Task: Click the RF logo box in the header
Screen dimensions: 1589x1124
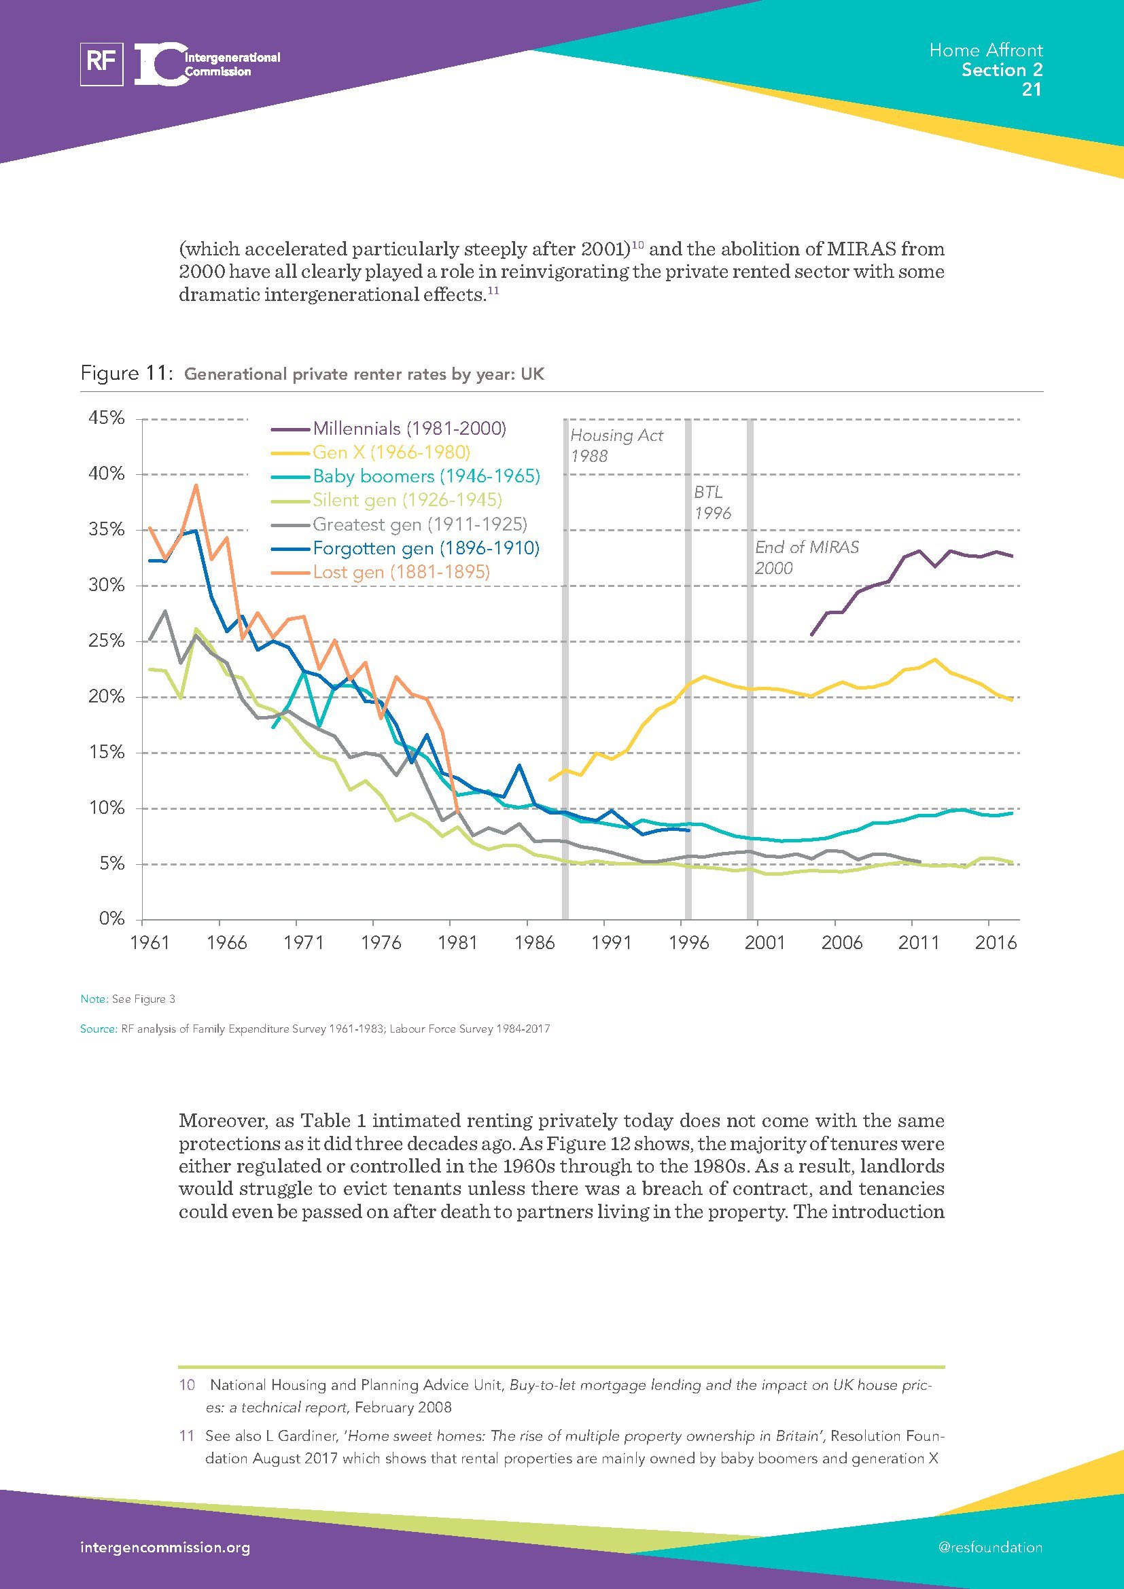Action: pos(102,65)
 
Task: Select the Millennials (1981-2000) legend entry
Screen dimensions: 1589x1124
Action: pos(409,429)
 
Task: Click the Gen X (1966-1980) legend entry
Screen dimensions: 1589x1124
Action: pos(391,452)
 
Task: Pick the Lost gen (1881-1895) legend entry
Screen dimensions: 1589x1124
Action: pos(401,571)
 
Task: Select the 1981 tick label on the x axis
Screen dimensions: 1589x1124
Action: pos(457,943)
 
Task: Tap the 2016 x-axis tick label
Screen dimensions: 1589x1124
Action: pos(996,943)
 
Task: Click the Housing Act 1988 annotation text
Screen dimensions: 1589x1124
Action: pos(615,445)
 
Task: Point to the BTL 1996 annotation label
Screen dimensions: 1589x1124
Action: pos(712,503)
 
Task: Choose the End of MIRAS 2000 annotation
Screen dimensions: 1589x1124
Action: pos(807,557)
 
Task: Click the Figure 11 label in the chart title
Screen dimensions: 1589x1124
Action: pos(125,374)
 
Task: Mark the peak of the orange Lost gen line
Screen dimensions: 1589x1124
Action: pos(196,485)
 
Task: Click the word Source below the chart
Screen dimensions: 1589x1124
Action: pos(98,1029)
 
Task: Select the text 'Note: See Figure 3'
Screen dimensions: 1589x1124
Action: pos(127,999)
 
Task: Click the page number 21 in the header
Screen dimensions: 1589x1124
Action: pos(1032,90)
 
